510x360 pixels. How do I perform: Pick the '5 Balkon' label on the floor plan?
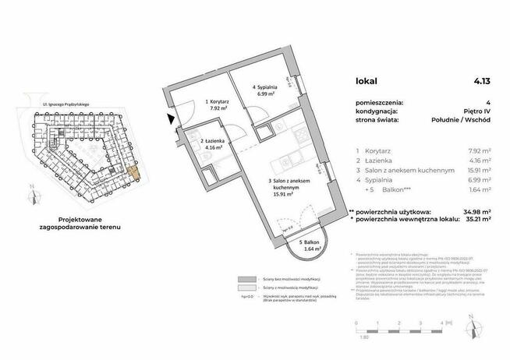tap(292, 244)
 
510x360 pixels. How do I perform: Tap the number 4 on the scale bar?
tap(441, 321)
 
